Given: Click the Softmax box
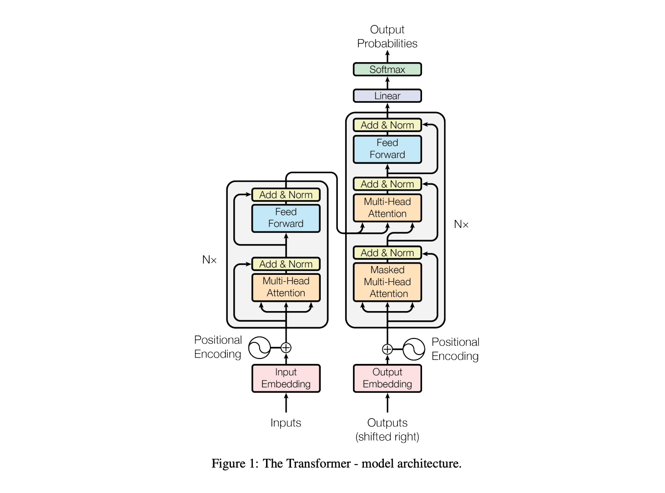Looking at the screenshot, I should (x=387, y=69).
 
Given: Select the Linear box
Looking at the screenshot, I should (x=387, y=96).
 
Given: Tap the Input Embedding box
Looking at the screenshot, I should (x=286, y=378).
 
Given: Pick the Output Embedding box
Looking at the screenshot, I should (x=387, y=378).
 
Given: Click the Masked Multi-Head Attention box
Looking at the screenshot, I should (x=387, y=282).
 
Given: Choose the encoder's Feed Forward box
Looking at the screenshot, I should (x=286, y=218).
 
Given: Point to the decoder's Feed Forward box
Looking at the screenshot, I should (x=387, y=149).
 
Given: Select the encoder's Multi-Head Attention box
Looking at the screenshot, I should (x=286, y=287).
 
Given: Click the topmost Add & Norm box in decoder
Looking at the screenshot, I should (x=387, y=125).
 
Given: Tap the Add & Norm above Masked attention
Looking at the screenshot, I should (x=387, y=253).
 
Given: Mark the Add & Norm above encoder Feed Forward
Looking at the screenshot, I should (x=286, y=195).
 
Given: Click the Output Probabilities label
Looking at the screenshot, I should (x=387, y=37).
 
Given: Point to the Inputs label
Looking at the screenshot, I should (x=286, y=423).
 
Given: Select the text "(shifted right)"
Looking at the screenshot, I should (x=387, y=437).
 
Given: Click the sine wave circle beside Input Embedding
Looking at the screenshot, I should (x=259, y=348).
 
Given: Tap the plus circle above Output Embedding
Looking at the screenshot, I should (x=387, y=349).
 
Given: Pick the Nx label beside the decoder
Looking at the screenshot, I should (x=461, y=224).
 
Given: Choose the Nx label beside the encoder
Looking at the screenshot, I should (x=209, y=260).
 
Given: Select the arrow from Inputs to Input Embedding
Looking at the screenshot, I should (x=286, y=403).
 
